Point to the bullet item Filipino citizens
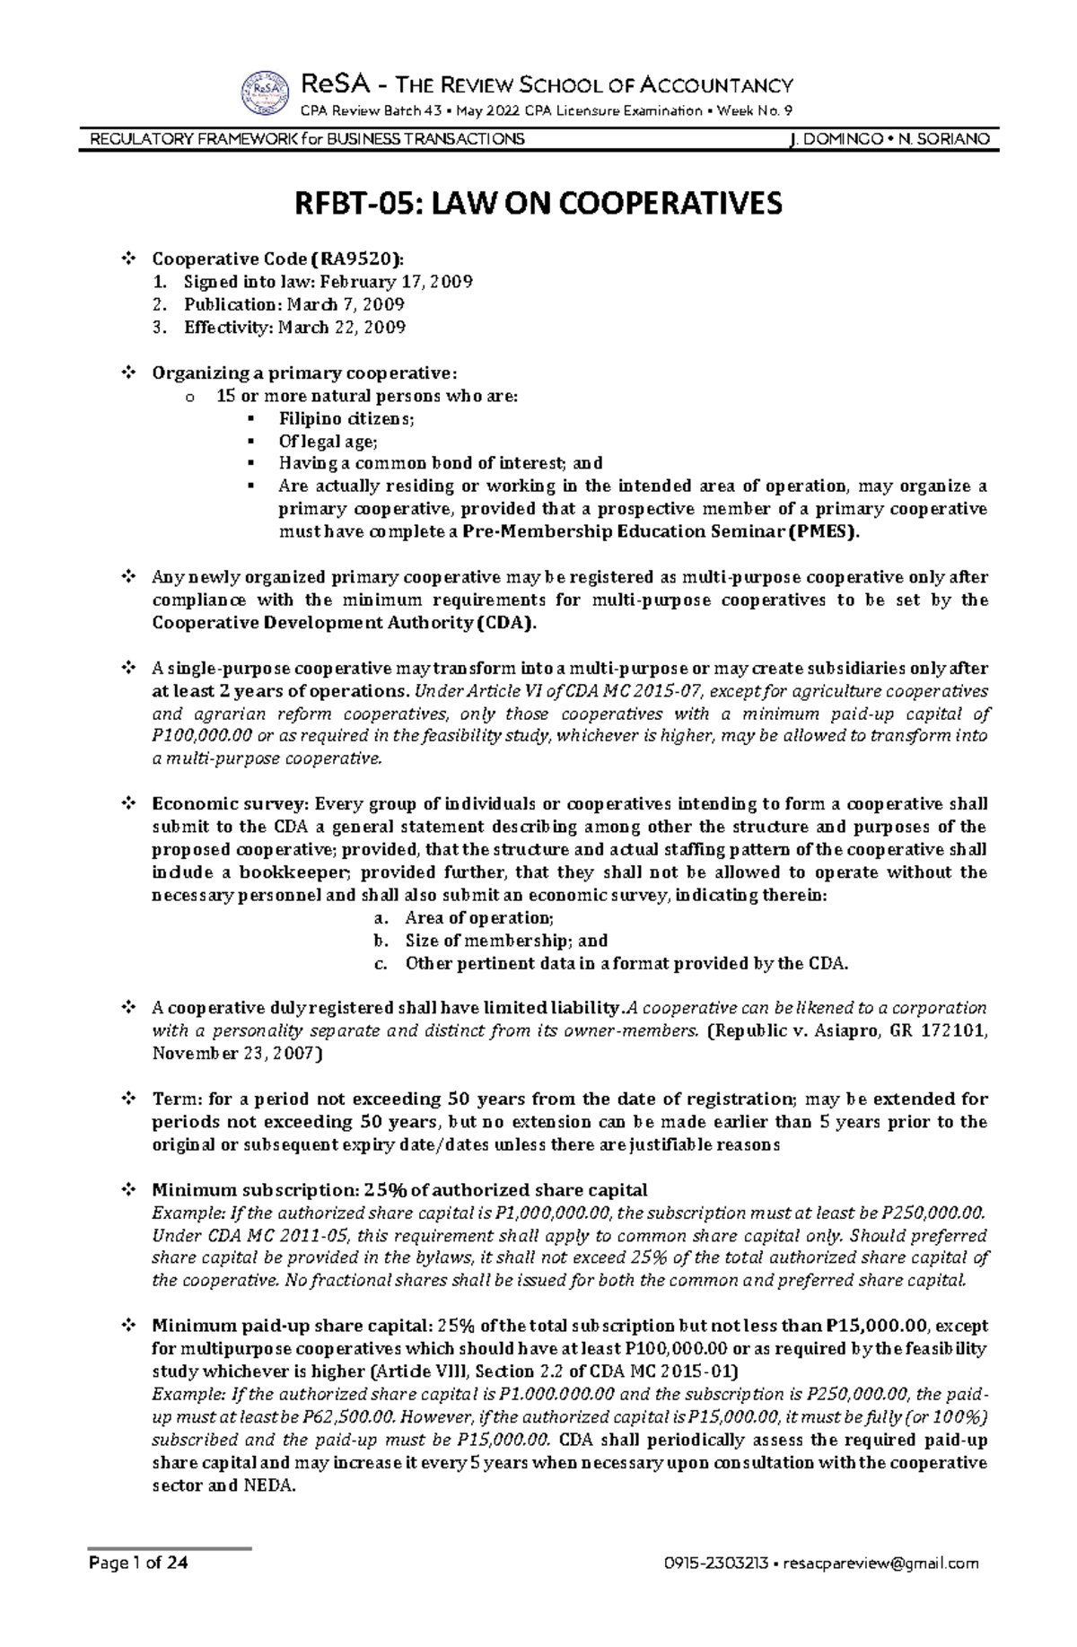click(x=346, y=418)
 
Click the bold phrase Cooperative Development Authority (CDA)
click(x=344, y=623)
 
